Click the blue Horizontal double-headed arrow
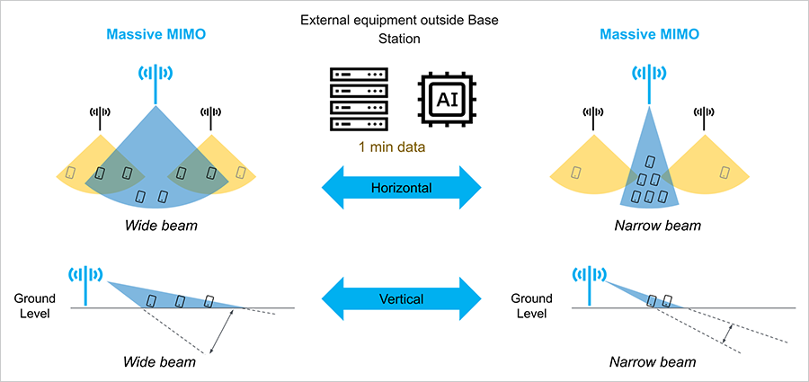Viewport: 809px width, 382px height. (404, 189)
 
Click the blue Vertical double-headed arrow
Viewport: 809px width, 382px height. (404, 297)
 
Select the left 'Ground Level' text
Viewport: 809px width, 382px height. (35, 306)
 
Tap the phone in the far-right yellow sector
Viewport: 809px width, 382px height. (725, 171)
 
